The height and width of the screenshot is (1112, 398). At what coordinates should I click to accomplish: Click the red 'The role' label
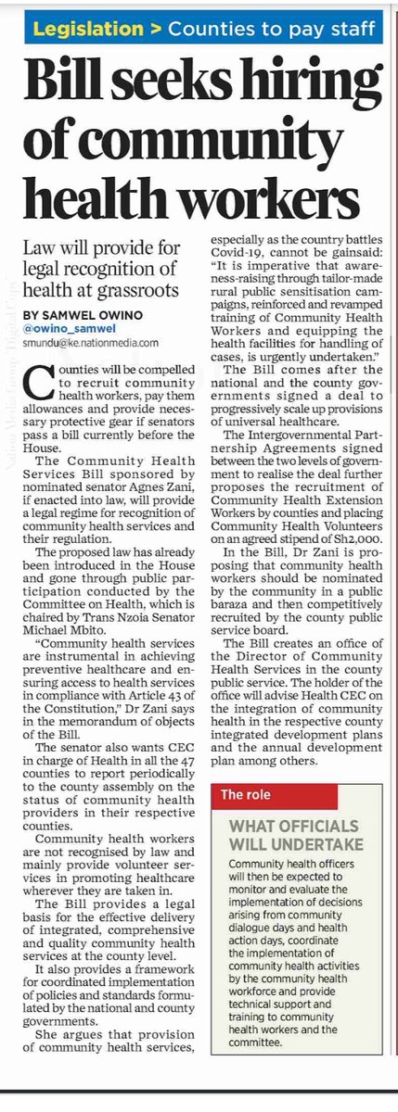245,794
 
